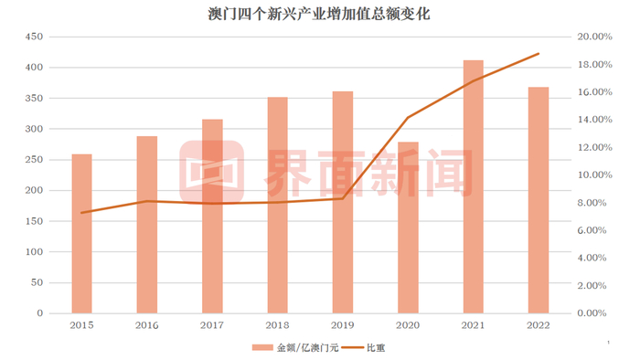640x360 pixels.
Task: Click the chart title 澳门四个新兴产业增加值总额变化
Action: (x=319, y=15)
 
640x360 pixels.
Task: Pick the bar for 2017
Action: (x=212, y=216)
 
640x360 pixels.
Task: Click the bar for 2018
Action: (x=278, y=205)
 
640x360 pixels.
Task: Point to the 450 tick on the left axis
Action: (x=33, y=37)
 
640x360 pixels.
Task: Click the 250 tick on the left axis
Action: (x=33, y=160)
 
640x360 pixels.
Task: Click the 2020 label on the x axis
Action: (x=408, y=325)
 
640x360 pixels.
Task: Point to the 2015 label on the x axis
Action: (x=82, y=325)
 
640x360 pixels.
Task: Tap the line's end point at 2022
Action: (x=539, y=54)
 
